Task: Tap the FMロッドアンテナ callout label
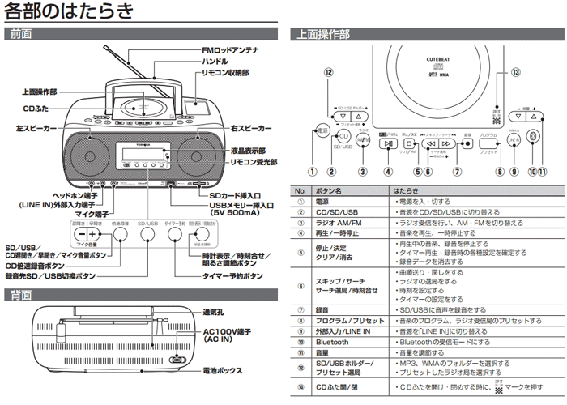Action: (x=230, y=50)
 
